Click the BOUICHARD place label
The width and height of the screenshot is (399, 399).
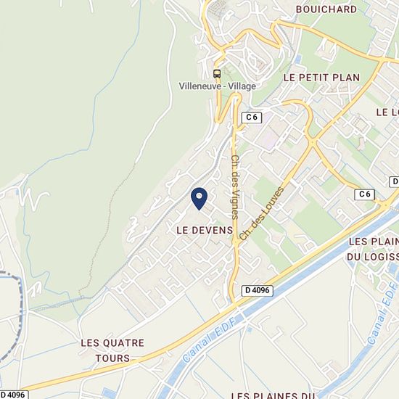[326, 9]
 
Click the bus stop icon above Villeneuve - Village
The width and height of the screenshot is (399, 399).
[216, 73]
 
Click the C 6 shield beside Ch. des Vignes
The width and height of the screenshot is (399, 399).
[252, 117]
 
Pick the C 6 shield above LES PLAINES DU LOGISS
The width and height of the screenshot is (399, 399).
[365, 194]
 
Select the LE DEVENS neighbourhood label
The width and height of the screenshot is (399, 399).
[205, 229]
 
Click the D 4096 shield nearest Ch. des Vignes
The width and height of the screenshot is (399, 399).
[258, 290]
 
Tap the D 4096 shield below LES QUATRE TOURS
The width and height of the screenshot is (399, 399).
[14, 395]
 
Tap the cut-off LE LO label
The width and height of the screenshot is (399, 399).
[387, 112]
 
